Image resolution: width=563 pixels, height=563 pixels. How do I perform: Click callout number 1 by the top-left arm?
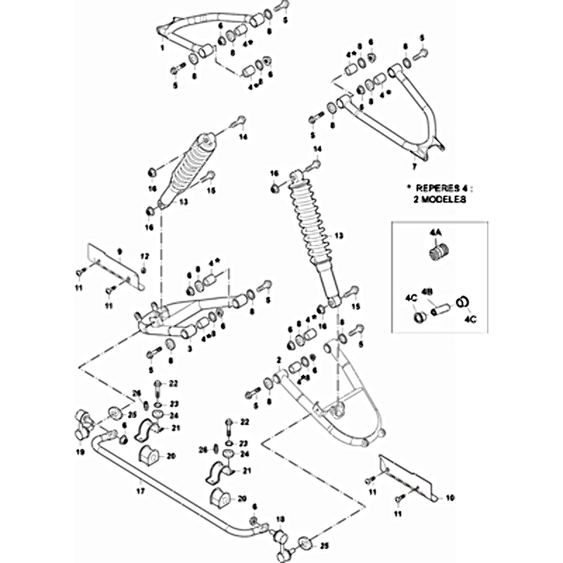coord(162,47)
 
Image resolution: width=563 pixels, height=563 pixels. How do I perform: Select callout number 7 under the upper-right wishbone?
coord(414,167)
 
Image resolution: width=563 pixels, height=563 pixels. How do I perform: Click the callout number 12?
coord(144,255)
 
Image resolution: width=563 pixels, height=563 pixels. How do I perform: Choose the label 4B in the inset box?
coord(426,291)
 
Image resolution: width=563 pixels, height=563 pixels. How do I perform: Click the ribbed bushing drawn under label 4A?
coord(438,250)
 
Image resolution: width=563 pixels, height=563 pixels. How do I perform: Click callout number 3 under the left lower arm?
coord(189,348)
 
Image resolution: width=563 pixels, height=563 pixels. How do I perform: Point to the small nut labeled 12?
coord(144,270)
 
